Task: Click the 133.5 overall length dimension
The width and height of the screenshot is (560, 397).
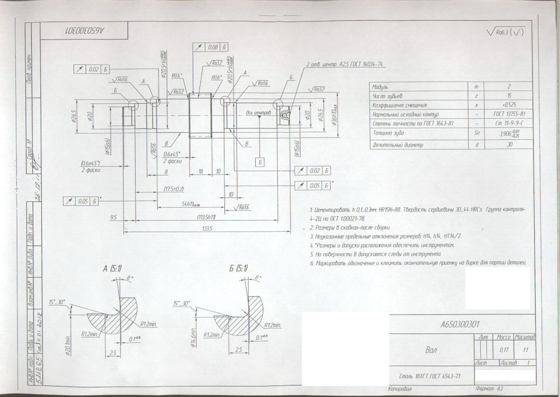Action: tap(207, 229)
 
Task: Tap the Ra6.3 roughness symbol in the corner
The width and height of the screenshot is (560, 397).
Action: tap(505, 32)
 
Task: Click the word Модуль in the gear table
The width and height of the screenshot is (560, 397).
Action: tap(380, 87)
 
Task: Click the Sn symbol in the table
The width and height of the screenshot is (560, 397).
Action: tap(476, 133)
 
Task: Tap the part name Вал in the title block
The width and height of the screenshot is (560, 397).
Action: tap(432, 350)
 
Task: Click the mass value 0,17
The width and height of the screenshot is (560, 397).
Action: tap(504, 350)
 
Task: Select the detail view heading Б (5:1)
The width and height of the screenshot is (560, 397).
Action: tap(238, 269)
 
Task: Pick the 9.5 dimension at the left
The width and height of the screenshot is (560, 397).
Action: tap(113, 217)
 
